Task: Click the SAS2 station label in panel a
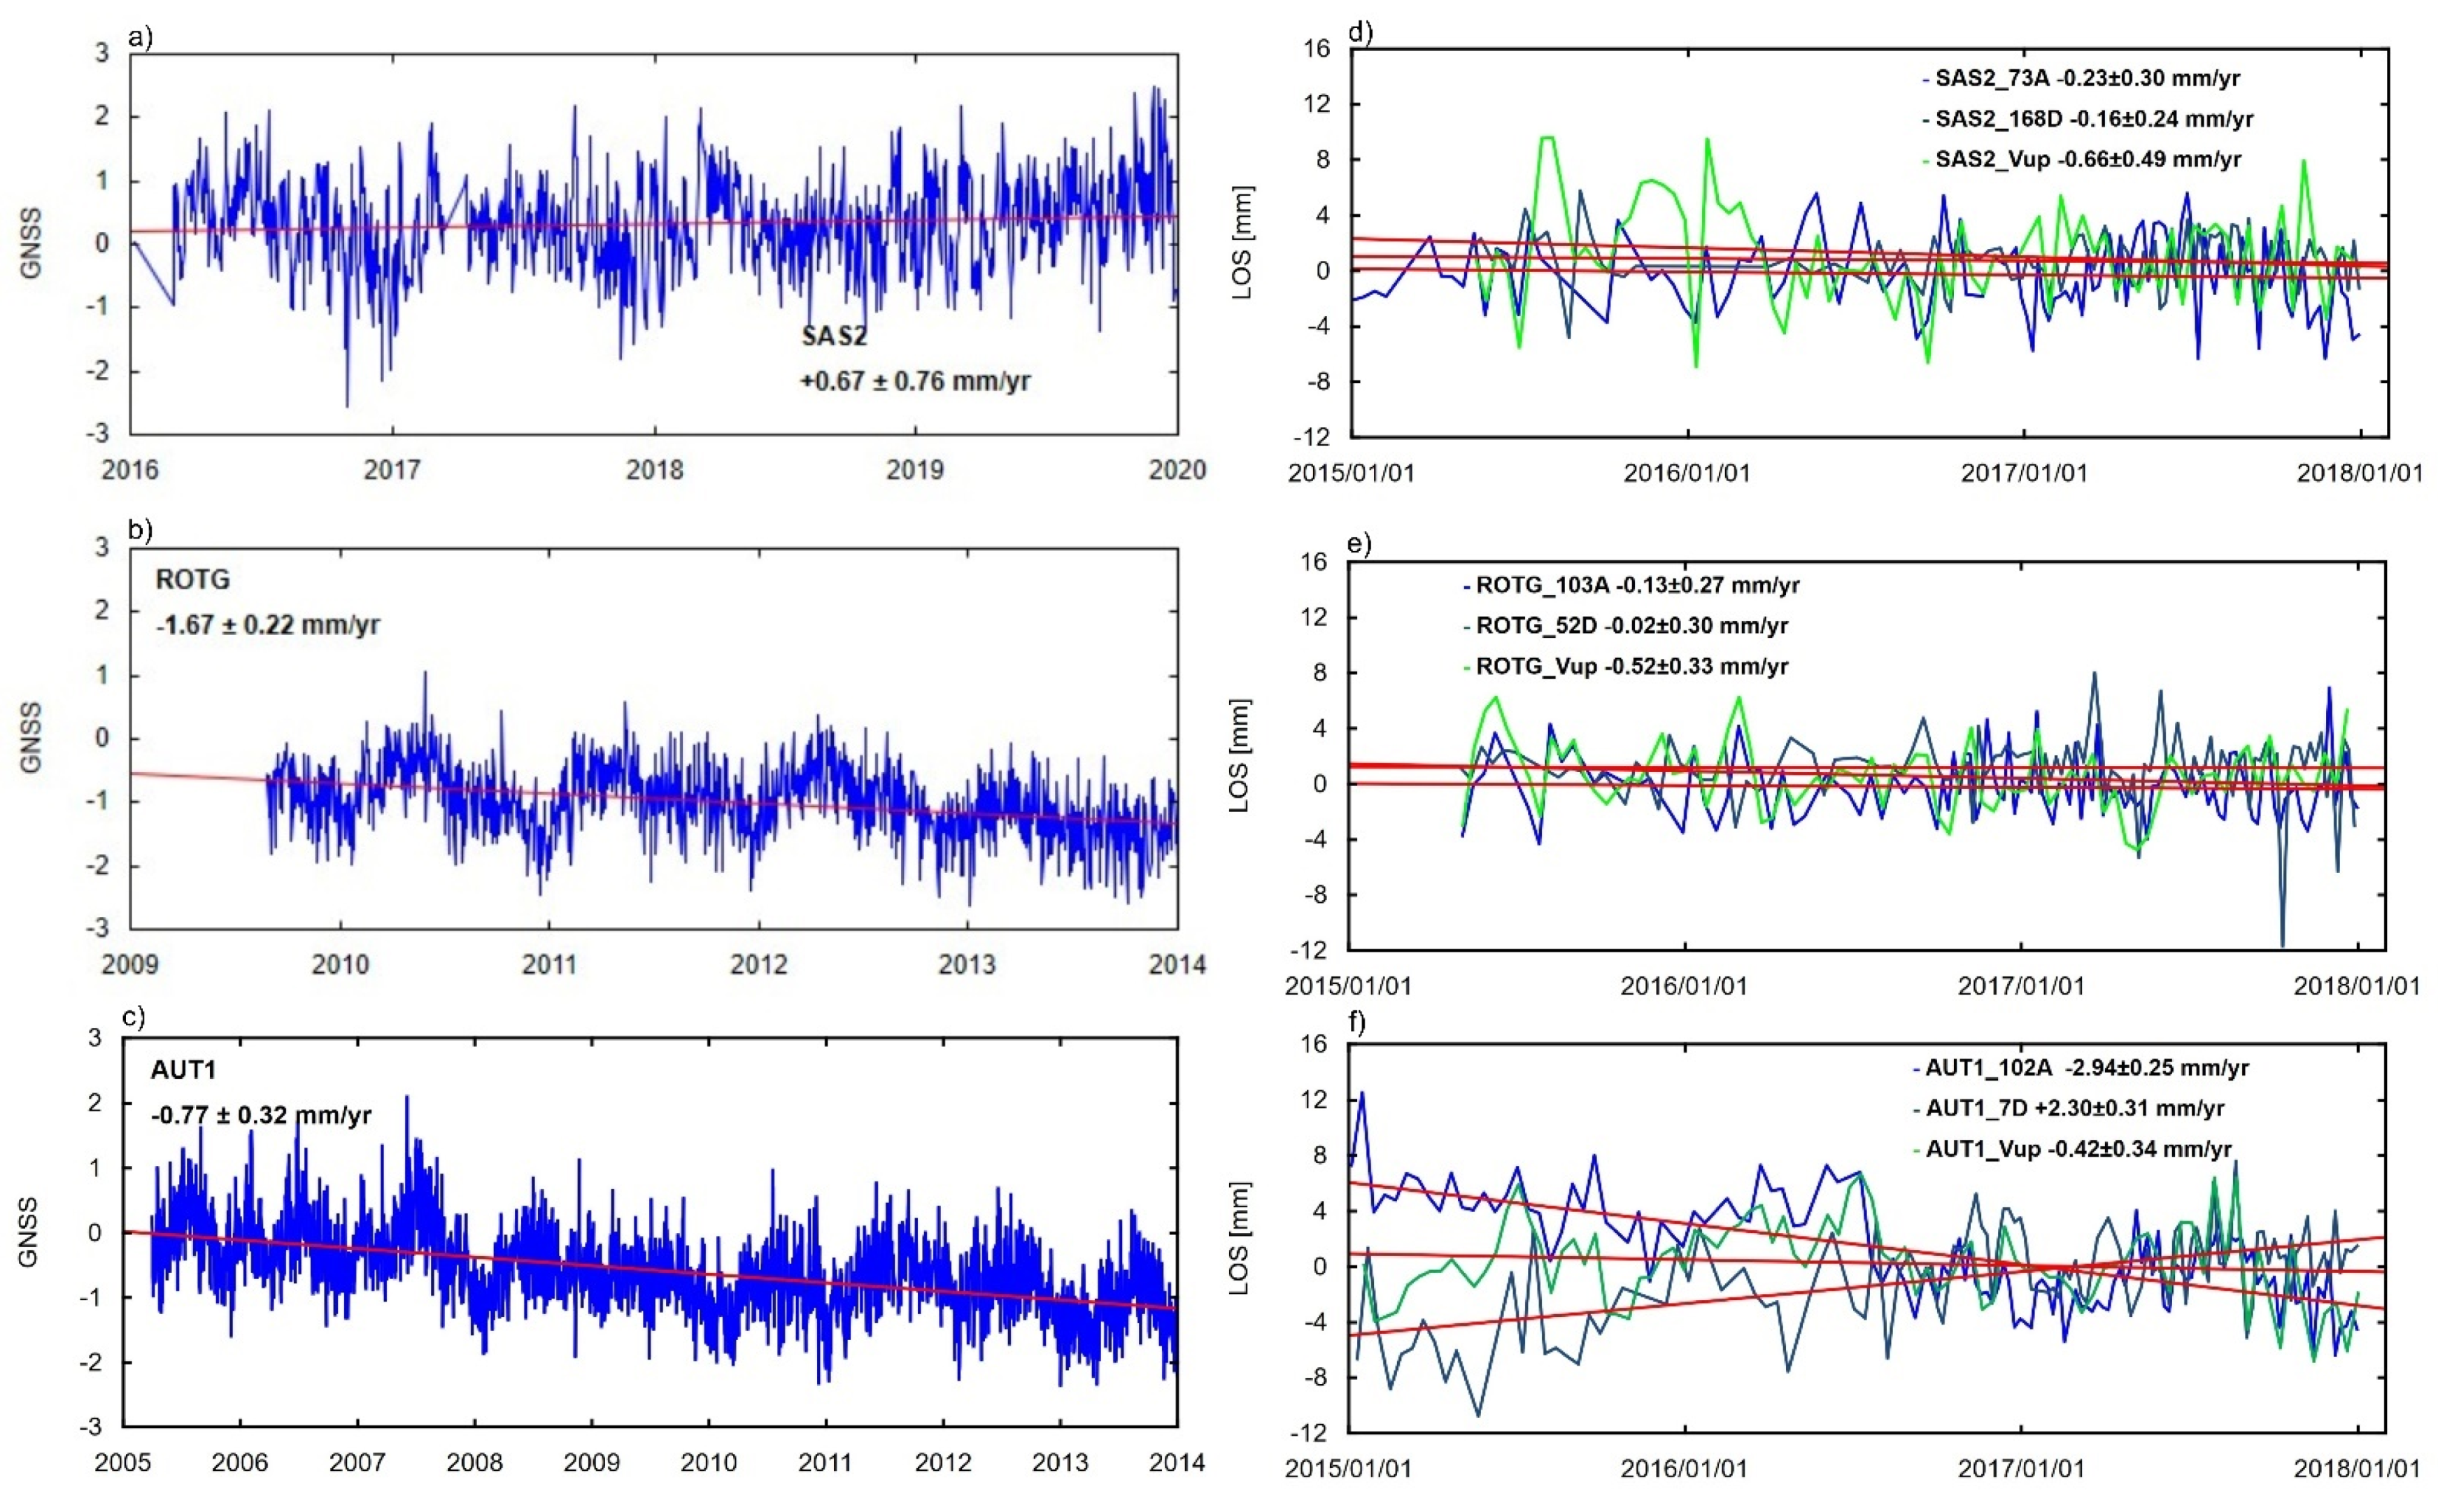point(834,336)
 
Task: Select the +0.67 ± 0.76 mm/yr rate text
point(915,381)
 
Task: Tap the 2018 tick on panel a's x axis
point(654,470)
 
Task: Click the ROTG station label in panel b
point(193,580)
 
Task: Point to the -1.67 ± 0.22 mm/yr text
point(268,625)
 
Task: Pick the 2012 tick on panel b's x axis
point(759,964)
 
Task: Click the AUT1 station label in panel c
point(183,1069)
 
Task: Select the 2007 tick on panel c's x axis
point(357,1462)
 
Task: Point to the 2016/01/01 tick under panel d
point(1687,473)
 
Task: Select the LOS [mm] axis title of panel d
point(1244,243)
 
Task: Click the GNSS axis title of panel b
point(31,737)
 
